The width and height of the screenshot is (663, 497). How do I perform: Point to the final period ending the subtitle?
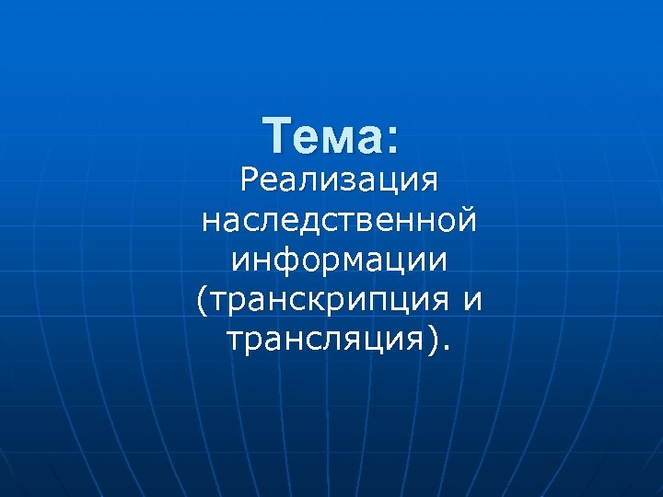448,349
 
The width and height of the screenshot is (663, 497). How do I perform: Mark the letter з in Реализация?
338,180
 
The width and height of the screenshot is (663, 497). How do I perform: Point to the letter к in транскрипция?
325,300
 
